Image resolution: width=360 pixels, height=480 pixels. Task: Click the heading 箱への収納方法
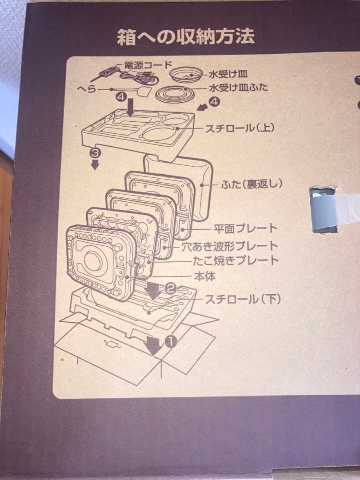tap(186, 37)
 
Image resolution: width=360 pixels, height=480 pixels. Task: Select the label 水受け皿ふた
tap(238, 87)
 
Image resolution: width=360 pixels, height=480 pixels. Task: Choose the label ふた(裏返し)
tap(251, 184)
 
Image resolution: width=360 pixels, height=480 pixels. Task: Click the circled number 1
tap(172, 340)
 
